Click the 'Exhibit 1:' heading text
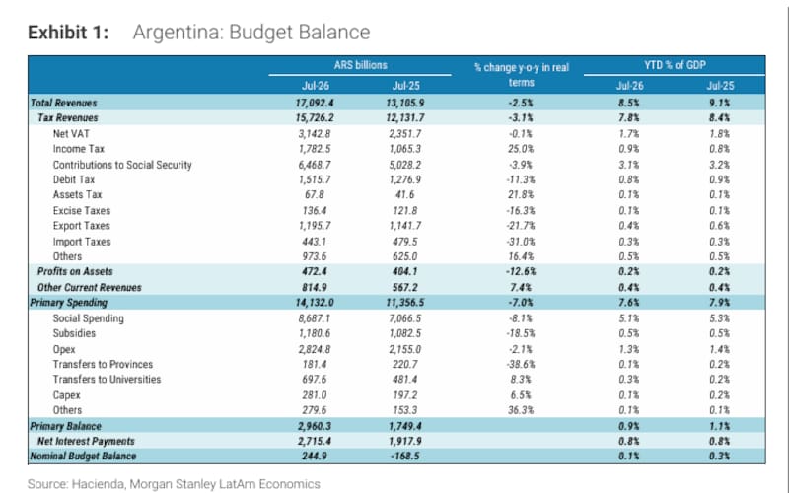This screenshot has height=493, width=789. (68, 33)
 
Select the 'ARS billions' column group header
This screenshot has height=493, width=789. (360, 65)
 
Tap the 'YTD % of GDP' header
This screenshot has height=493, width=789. (675, 65)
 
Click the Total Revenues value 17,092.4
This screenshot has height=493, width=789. (315, 103)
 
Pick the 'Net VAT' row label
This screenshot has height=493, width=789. (71, 134)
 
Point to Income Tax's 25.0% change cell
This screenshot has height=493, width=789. (521, 149)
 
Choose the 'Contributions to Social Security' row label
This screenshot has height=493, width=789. (122, 165)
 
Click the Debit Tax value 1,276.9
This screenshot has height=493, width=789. (405, 179)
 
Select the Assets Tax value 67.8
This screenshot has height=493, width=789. (315, 194)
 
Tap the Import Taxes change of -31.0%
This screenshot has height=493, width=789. (521, 242)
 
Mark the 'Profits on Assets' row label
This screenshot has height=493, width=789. (75, 272)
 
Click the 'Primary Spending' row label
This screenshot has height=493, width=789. (68, 303)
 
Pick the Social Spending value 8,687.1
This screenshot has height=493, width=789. (315, 318)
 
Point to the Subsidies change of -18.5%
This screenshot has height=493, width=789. (521, 333)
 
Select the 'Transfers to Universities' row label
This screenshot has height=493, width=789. (107, 380)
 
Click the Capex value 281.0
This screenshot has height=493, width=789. (315, 395)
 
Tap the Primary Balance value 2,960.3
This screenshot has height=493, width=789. (315, 426)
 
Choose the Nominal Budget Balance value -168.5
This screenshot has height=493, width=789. (405, 457)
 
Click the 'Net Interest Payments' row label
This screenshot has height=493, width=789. (86, 441)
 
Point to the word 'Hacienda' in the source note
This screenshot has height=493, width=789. (98, 484)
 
